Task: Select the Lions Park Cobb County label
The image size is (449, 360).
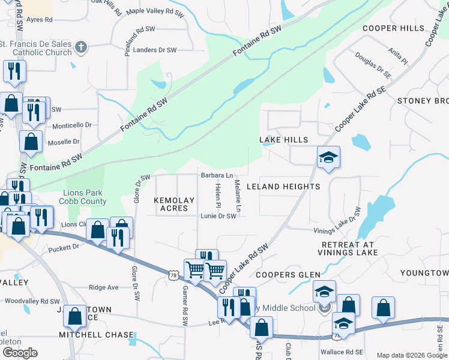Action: [85, 197]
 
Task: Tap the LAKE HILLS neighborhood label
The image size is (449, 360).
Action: [283, 140]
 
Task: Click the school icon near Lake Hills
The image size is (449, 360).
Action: [328, 157]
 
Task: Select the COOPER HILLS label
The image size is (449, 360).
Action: [394, 28]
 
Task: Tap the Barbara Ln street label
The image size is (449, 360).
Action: [217, 176]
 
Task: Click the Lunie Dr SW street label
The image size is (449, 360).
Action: [218, 216]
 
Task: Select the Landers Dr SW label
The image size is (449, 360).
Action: [155, 50]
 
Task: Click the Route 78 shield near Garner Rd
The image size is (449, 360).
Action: [173, 275]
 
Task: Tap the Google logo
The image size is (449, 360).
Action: [20, 353]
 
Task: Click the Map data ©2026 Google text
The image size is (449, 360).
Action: [411, 355]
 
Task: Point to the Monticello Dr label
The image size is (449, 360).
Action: [72, 125]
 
